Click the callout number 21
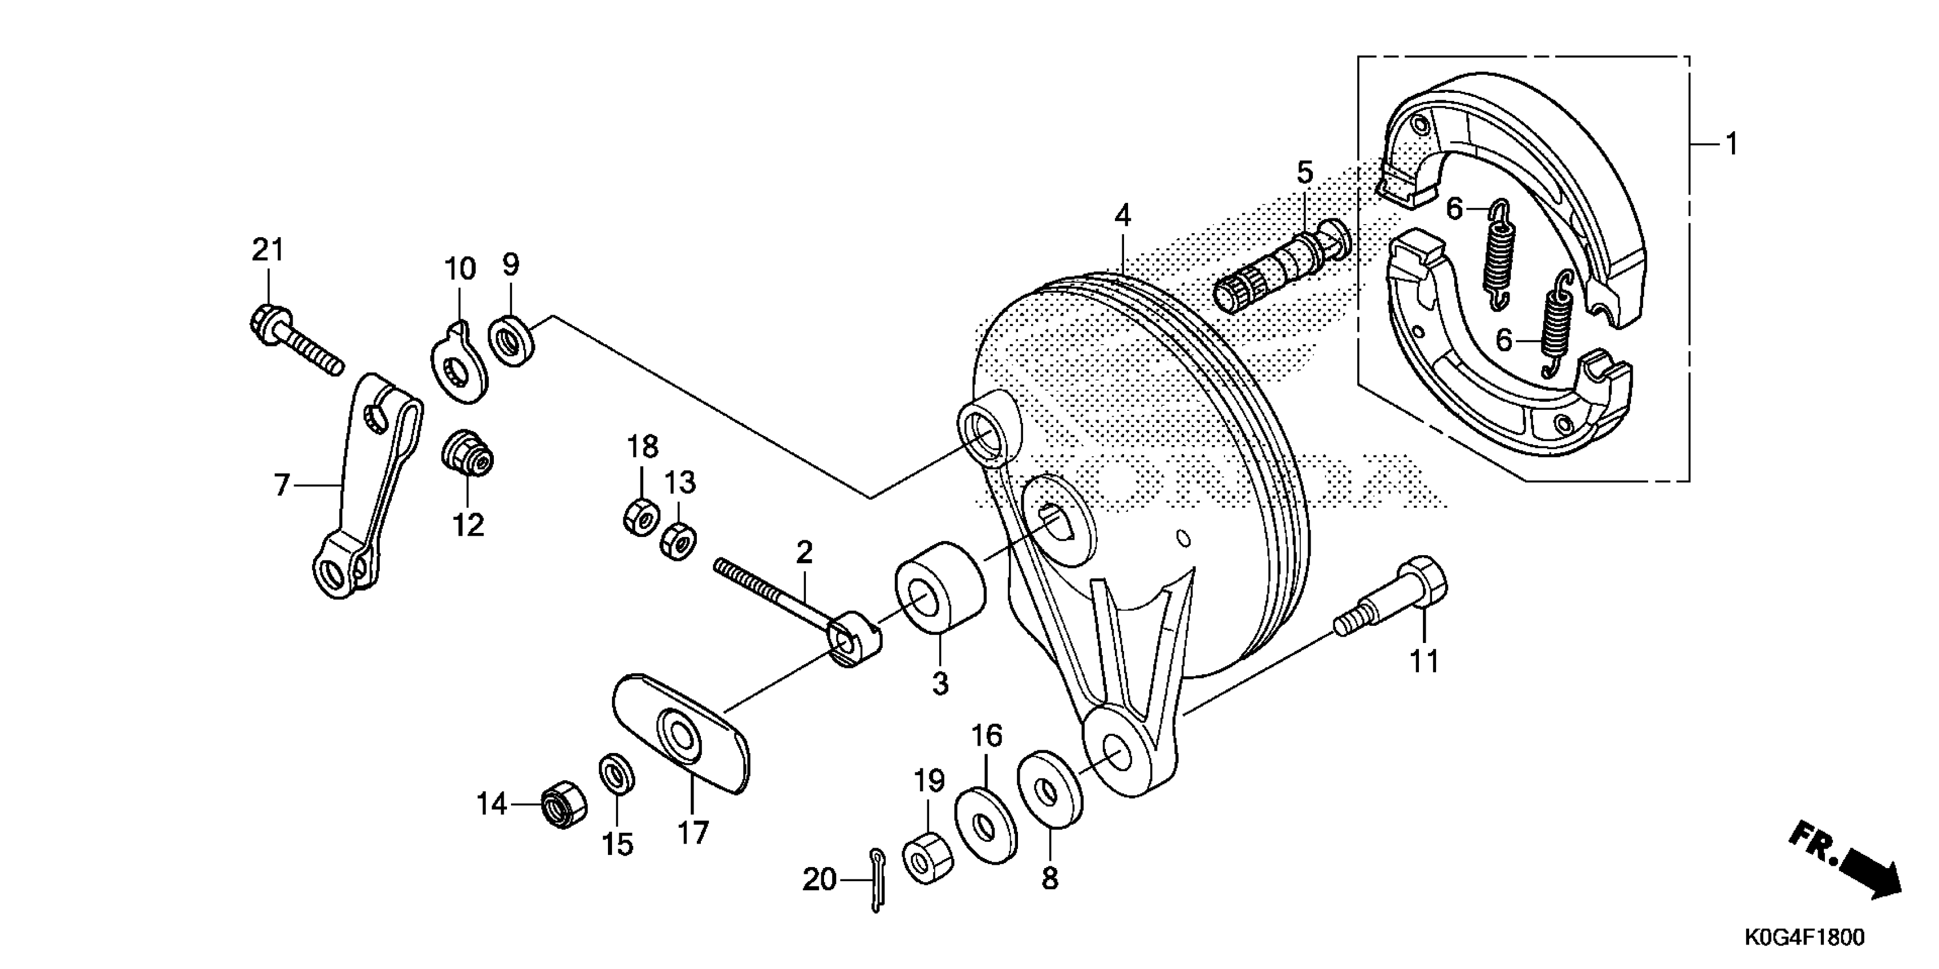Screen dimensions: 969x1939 pos(268,250)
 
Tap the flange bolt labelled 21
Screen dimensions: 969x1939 pos(294,345)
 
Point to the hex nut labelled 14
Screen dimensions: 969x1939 pos(564,805)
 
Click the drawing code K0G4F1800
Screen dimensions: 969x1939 pos(1804,938)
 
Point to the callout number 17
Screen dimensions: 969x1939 pos(692,833)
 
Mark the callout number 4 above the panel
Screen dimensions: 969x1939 pos(1122,217)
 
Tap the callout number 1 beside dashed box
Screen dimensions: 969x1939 pos(1731,143)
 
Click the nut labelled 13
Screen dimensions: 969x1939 pos(678,541)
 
